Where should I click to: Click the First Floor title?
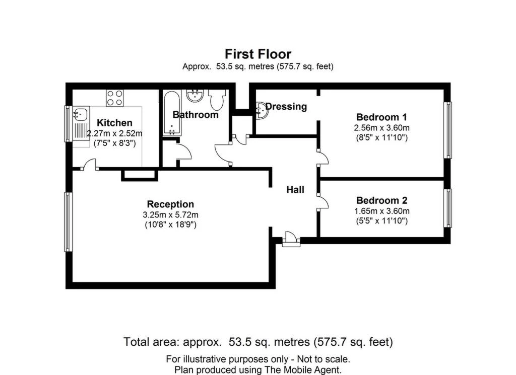(257, 54)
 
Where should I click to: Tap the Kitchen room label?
(114, 123)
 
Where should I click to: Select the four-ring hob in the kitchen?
(115, 97)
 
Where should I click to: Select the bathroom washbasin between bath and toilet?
(194, 95)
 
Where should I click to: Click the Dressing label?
(286, 106)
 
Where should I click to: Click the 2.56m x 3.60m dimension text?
(381, 127)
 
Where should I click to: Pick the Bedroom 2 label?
(381, 200)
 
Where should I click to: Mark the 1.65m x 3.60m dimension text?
(381, 211)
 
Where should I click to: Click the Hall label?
(295, 190)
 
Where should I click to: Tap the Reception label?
(170, 204)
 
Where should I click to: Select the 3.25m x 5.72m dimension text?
(170, 215)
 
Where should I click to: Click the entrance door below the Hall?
(291, 239)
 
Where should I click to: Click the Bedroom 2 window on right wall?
(447, 208)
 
